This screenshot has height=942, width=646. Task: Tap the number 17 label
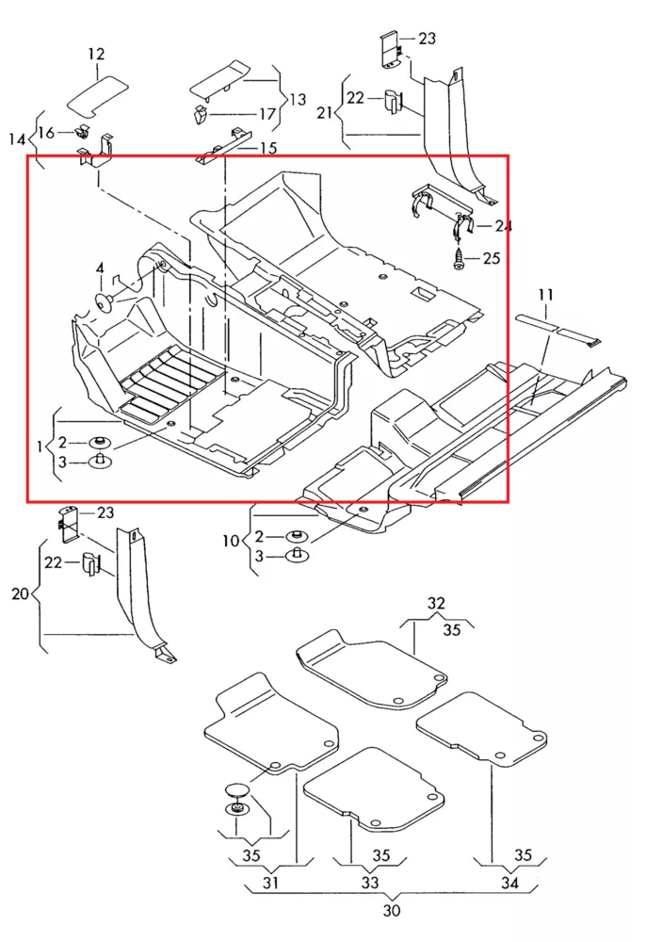click(x=267, y=114)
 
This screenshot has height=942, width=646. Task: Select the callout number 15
click(x=267, y=148)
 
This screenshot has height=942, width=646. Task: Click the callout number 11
click(x=545, y=296)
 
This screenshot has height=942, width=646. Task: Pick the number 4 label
click(x=99, y=270)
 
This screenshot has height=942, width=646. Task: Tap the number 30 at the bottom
click(x=391, y=910)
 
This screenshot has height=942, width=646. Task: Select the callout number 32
click(x=436, y=603)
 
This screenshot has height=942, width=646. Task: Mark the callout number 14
click(x=17, y=140)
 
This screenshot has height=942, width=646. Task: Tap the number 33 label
click(x=370, y=883)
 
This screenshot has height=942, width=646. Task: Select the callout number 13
click(x=298, y=99)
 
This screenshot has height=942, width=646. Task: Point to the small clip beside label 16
click(x=82, y=131)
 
